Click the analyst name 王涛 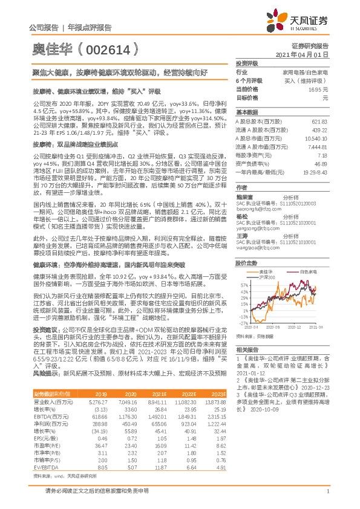[x=243, y=238]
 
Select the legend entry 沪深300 [x=263, y=276]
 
